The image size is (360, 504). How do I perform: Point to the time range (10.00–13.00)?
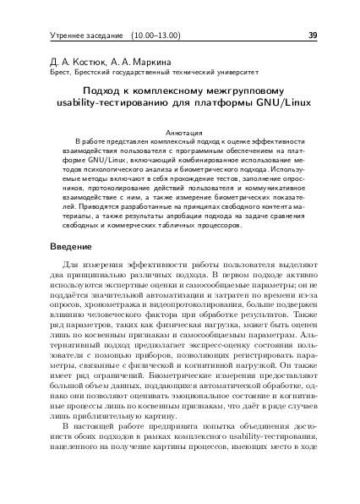(157, 36)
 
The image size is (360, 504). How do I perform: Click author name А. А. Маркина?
(133, 62)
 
